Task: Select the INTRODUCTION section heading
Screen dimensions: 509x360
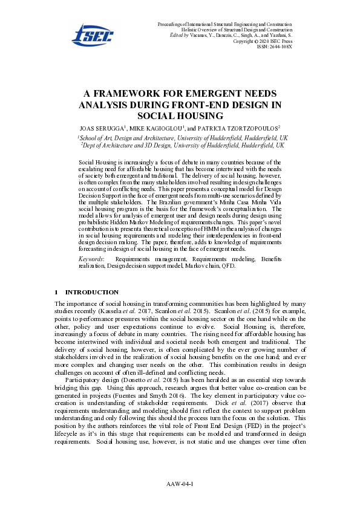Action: (x=91, y=292)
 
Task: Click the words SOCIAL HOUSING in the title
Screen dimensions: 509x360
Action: (x=180, y=115)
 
